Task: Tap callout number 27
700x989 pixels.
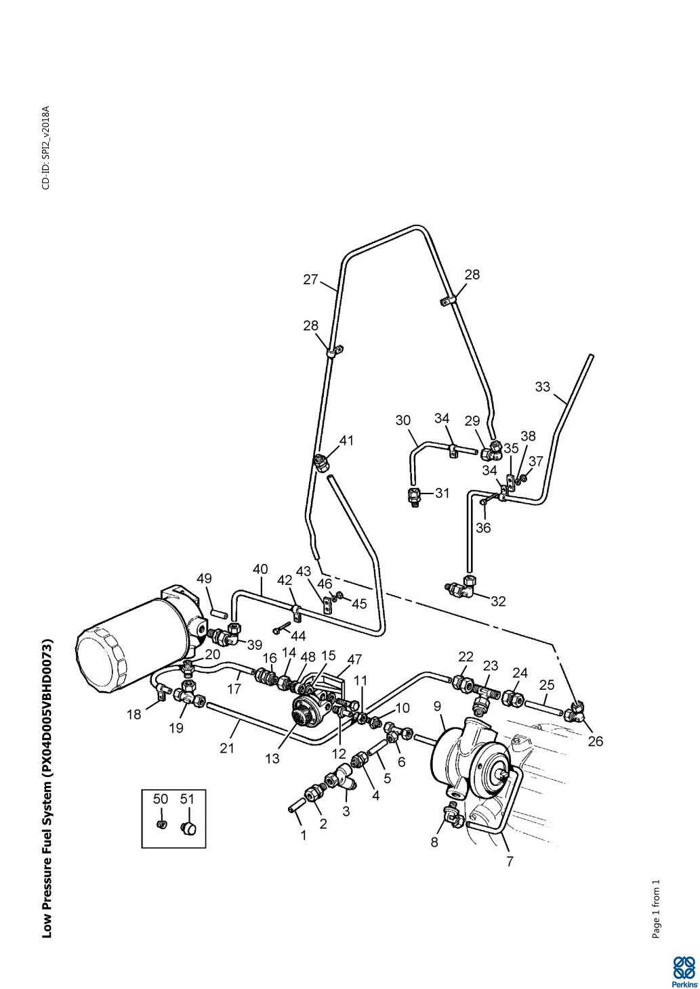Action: click(x=310, y=280)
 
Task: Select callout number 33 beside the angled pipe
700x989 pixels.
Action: click(x=543, y=387)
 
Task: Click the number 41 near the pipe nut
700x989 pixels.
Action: click(x=346, y=441)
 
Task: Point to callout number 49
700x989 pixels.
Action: click(x=204, y=578)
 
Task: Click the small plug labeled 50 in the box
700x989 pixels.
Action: click(x=161, y=824)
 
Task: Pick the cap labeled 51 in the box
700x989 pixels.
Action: click(x=188, y=827)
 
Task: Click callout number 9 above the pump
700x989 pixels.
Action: click(x=438, y=706)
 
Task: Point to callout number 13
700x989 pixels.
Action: click(x=272, y=759)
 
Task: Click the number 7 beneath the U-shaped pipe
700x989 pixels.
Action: click(x=510, y=862)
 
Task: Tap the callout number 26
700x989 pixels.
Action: click(x=595, y=741)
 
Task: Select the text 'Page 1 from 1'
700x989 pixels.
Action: click(x=655, y=909)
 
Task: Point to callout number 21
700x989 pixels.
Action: click(x=226, y=747)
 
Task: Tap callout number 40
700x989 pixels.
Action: click(x=260, y=569)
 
